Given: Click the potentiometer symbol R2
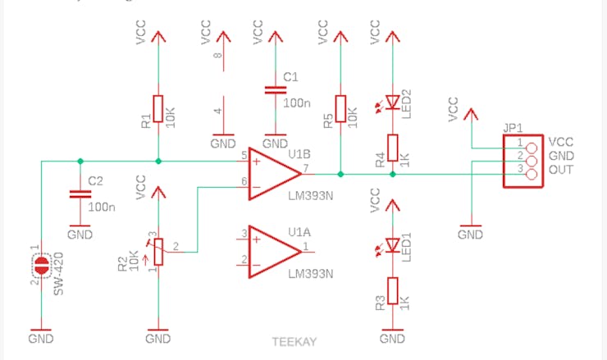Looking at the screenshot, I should pyautogui.click(x=158, y=252).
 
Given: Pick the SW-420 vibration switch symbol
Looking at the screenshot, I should pyautogui.click(x=40, y=266).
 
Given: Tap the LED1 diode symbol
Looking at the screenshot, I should pyautogui.click(x=393, y=244).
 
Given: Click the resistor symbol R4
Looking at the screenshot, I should pyautogui.click(x=393, y=148).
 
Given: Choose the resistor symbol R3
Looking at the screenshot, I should pyautogui.click(x=393, y=292).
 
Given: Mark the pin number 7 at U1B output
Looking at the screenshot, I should pyautogui.click(x=306, y=168).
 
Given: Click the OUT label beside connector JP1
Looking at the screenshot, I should pyautogui.click(x=560, y=170).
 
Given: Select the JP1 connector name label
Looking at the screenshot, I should pyautogui.click(x=513, y=129).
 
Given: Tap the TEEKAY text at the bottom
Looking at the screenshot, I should pyautogui.click(x=294, y=342).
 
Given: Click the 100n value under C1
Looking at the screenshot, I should pyautogui.click(x=297, y=103).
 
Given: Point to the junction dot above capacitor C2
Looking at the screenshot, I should pyautogui.click(x=80, y=161).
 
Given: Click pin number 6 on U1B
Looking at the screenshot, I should pyautogui.click(x=244, y=181).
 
